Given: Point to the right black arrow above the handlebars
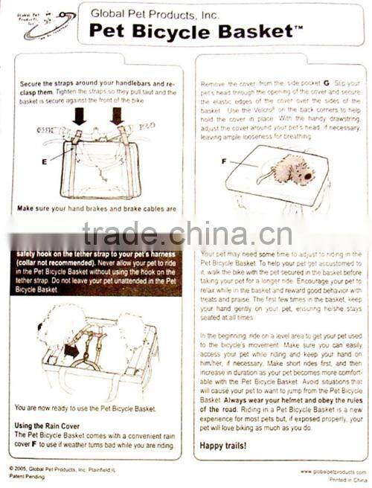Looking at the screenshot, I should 117,116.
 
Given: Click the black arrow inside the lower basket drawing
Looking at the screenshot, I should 73,348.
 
